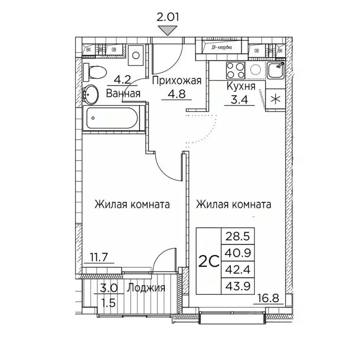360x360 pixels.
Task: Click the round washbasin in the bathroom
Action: tap(90, 94)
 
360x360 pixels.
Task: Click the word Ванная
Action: tap(124, 93)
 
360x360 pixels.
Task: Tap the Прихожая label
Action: tap(176, 81)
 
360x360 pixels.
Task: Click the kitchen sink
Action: tap(276, 71)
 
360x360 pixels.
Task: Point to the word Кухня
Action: tap(240, 87)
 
